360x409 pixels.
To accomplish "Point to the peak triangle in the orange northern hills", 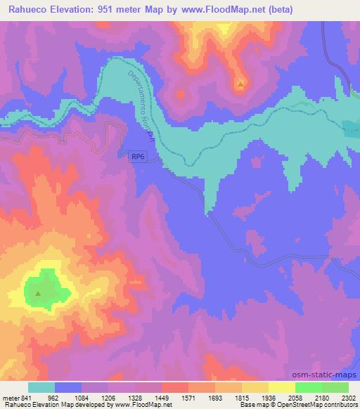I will click(x=240, y=84).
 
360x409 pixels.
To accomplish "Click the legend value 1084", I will click(x=79, y=397).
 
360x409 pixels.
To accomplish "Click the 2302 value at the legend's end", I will click(x=347, y=397).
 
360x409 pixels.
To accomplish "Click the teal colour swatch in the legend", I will click(x=41, y=387).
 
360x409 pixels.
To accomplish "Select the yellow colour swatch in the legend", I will click(x=255, y=387).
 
